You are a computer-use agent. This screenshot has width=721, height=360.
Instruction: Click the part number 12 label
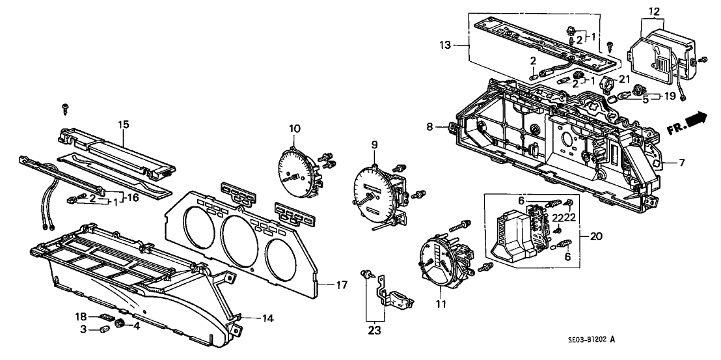[x=654, y=11]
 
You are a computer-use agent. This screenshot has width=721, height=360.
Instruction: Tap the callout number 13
[x=444, y=45]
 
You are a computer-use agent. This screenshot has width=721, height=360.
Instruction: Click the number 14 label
[x=267, y=318]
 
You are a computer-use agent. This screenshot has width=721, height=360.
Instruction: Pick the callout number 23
[x=375, y=330]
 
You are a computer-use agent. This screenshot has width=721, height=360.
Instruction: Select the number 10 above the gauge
[x=294, y=128]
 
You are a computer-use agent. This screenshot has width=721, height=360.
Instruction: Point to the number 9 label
[x=374, y=144]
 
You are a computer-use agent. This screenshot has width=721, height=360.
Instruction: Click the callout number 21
[x=625, y=79]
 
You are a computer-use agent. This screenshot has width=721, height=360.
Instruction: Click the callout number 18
[x=81, y=316]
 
